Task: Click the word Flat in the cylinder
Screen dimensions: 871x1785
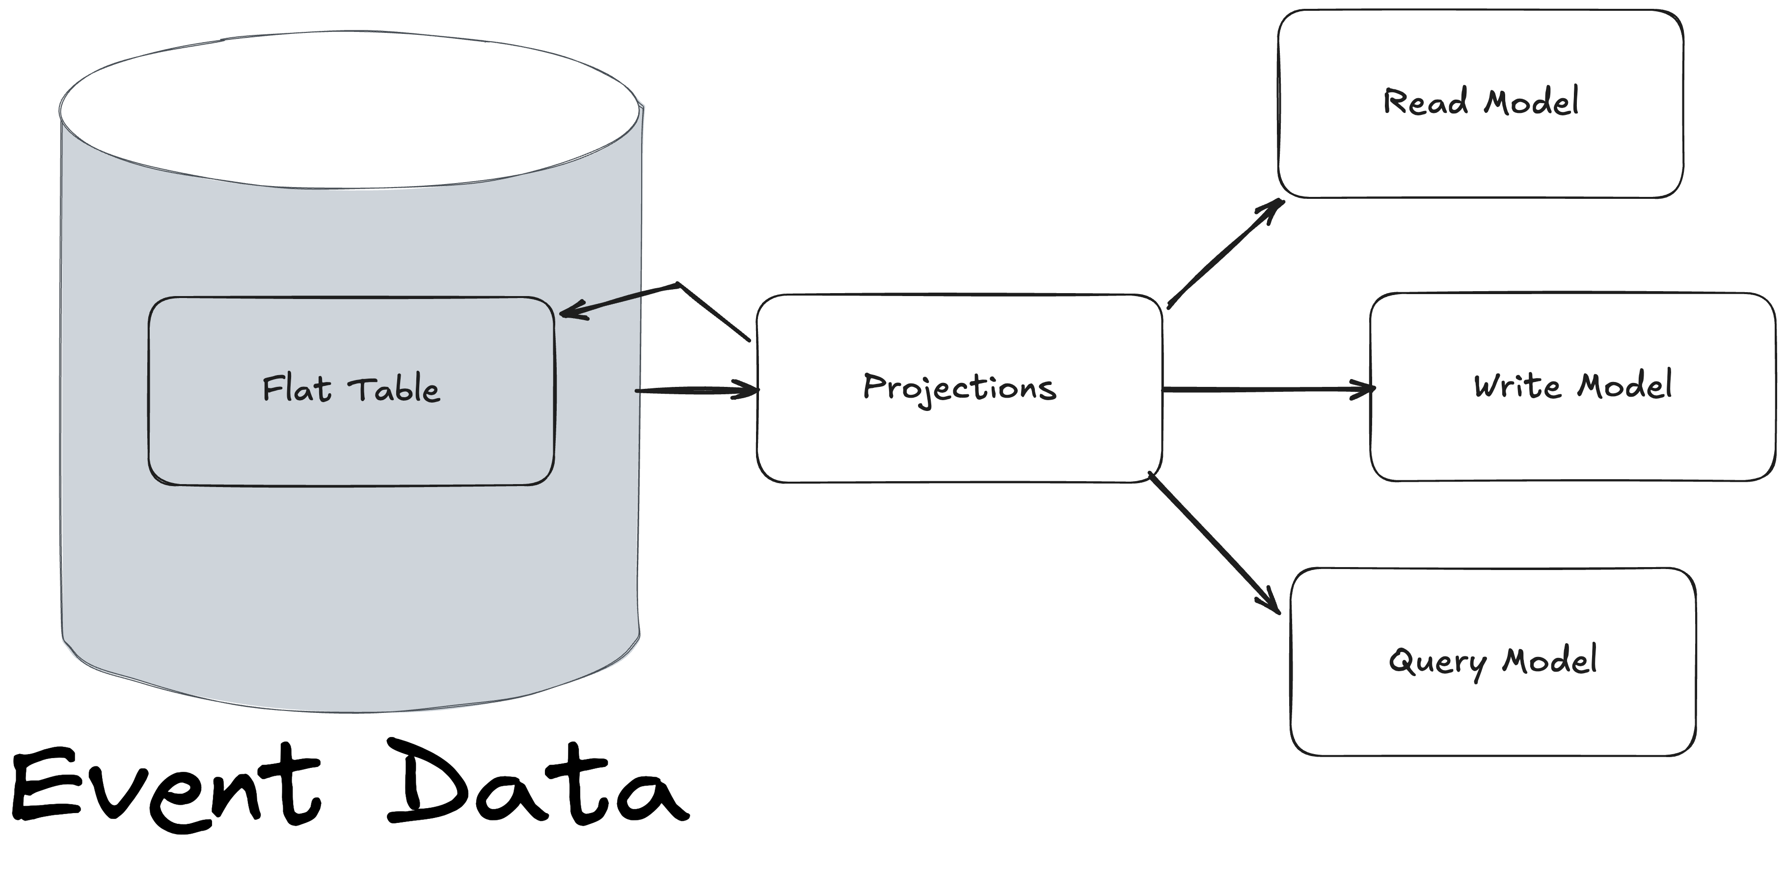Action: [296, 389]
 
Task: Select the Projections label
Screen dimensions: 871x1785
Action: [959, 388]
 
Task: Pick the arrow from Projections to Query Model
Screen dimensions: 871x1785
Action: [1213, 542]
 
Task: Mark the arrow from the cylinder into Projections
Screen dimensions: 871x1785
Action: [697, 391]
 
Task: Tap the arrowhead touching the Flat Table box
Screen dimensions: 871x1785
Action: [571, 312]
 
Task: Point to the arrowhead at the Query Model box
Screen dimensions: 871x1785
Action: [1271, 603]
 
